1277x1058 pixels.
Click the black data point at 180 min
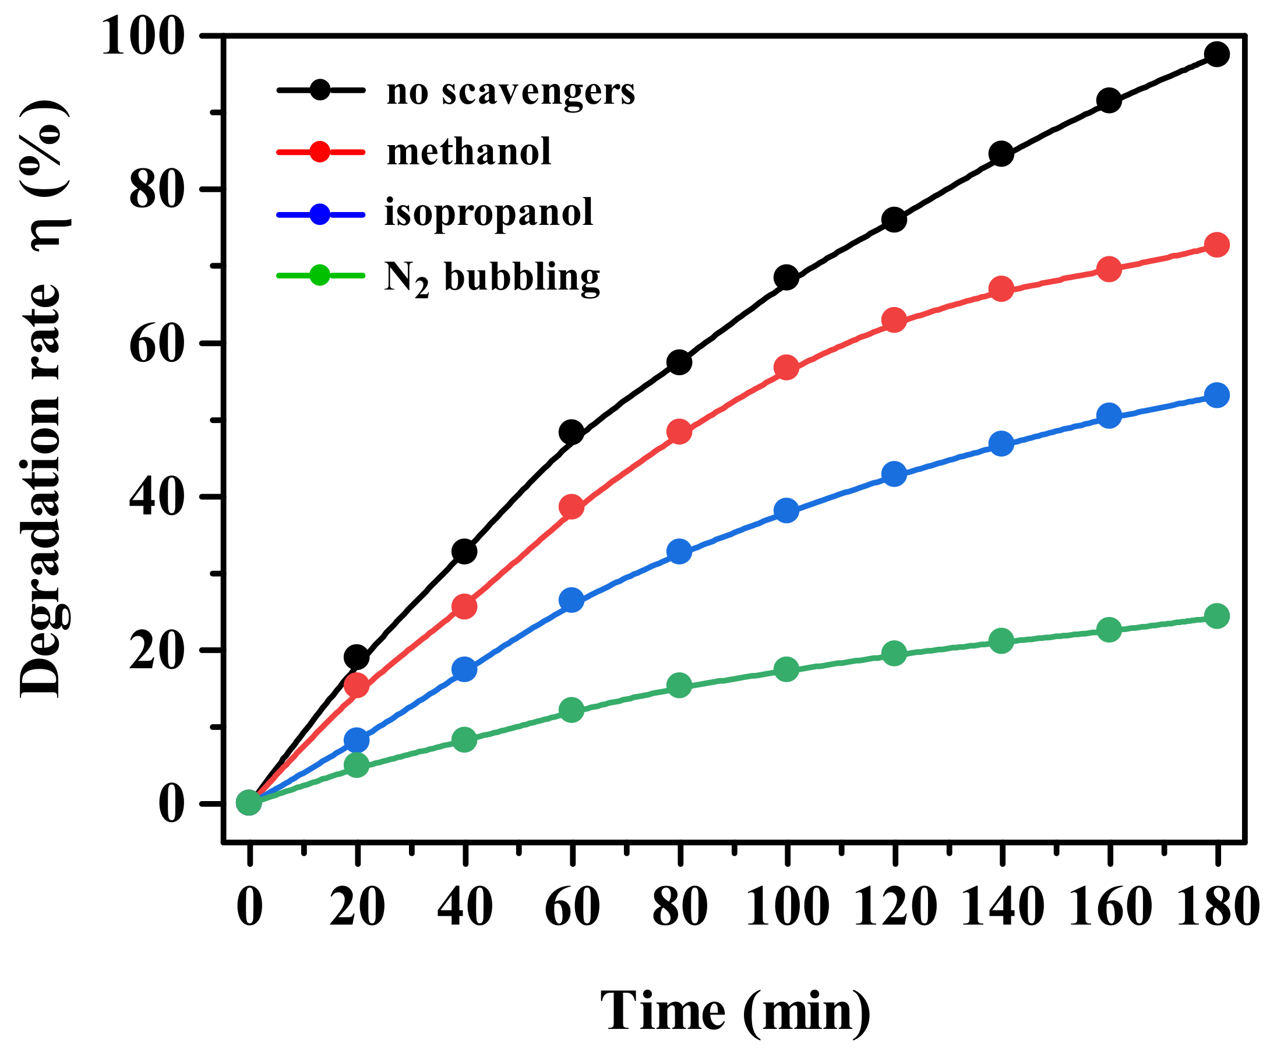(x=1216, y=55)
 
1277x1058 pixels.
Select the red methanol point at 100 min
(x=786, y=368)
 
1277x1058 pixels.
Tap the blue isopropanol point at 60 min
(x=572, y=601)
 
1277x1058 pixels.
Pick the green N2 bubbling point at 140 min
(x=1001, y=641)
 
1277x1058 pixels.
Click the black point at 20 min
(x=357, y=657)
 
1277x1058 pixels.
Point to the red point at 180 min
(x=1216, y=245)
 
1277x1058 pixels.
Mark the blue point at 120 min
(x=894, y=474)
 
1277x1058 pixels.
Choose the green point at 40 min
(x=464, y=739)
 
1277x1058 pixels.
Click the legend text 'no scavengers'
(x=511, y=92)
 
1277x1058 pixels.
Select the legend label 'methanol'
(x=469, y=151)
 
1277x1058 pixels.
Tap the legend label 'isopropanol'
(x=488, y=212)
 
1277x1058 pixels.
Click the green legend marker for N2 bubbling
(x=319, y=276)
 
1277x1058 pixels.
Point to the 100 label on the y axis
(x=142, y=37)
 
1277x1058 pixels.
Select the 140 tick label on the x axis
(x=1001, y=907)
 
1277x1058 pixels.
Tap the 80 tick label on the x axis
(x=679, y=907)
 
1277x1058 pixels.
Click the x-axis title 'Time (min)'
(x=736, y=1011)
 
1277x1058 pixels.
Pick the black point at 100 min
(x=786, y=278)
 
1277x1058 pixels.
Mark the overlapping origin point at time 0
(x=249, y=803)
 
